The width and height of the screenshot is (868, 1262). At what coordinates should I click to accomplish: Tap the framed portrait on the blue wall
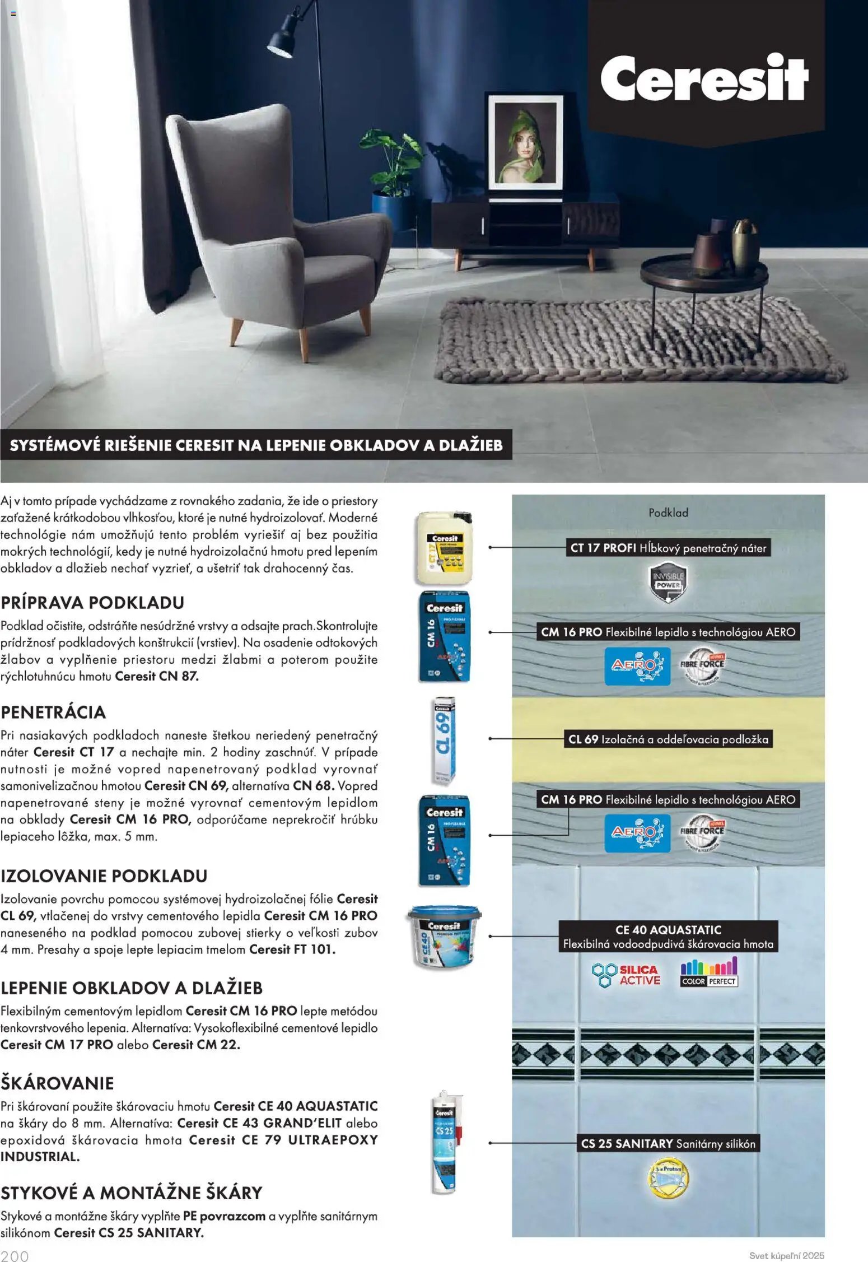525,142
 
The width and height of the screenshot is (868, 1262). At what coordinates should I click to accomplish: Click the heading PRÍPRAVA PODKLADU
92,603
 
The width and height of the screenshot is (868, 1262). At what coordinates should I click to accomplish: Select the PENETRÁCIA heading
53,713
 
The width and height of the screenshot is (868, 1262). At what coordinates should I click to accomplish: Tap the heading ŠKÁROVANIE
57,1083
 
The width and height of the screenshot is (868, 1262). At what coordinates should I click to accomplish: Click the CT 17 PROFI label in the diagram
668,548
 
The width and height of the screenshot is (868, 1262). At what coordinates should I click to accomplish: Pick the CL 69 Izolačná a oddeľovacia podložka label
668,739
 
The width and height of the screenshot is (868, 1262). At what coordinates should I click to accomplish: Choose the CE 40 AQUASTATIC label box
668,937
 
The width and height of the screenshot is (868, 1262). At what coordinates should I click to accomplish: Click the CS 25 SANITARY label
668,1144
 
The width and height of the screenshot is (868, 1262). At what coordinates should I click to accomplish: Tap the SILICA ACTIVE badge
627,975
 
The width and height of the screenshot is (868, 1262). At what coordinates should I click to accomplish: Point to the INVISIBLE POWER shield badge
668,583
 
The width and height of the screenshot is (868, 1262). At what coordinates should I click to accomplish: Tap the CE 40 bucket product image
444,936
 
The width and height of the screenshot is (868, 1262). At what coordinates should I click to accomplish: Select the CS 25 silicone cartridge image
444,1143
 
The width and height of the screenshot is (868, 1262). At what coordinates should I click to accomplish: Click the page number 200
15,1256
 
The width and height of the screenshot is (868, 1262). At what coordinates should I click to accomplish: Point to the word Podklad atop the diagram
668,513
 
